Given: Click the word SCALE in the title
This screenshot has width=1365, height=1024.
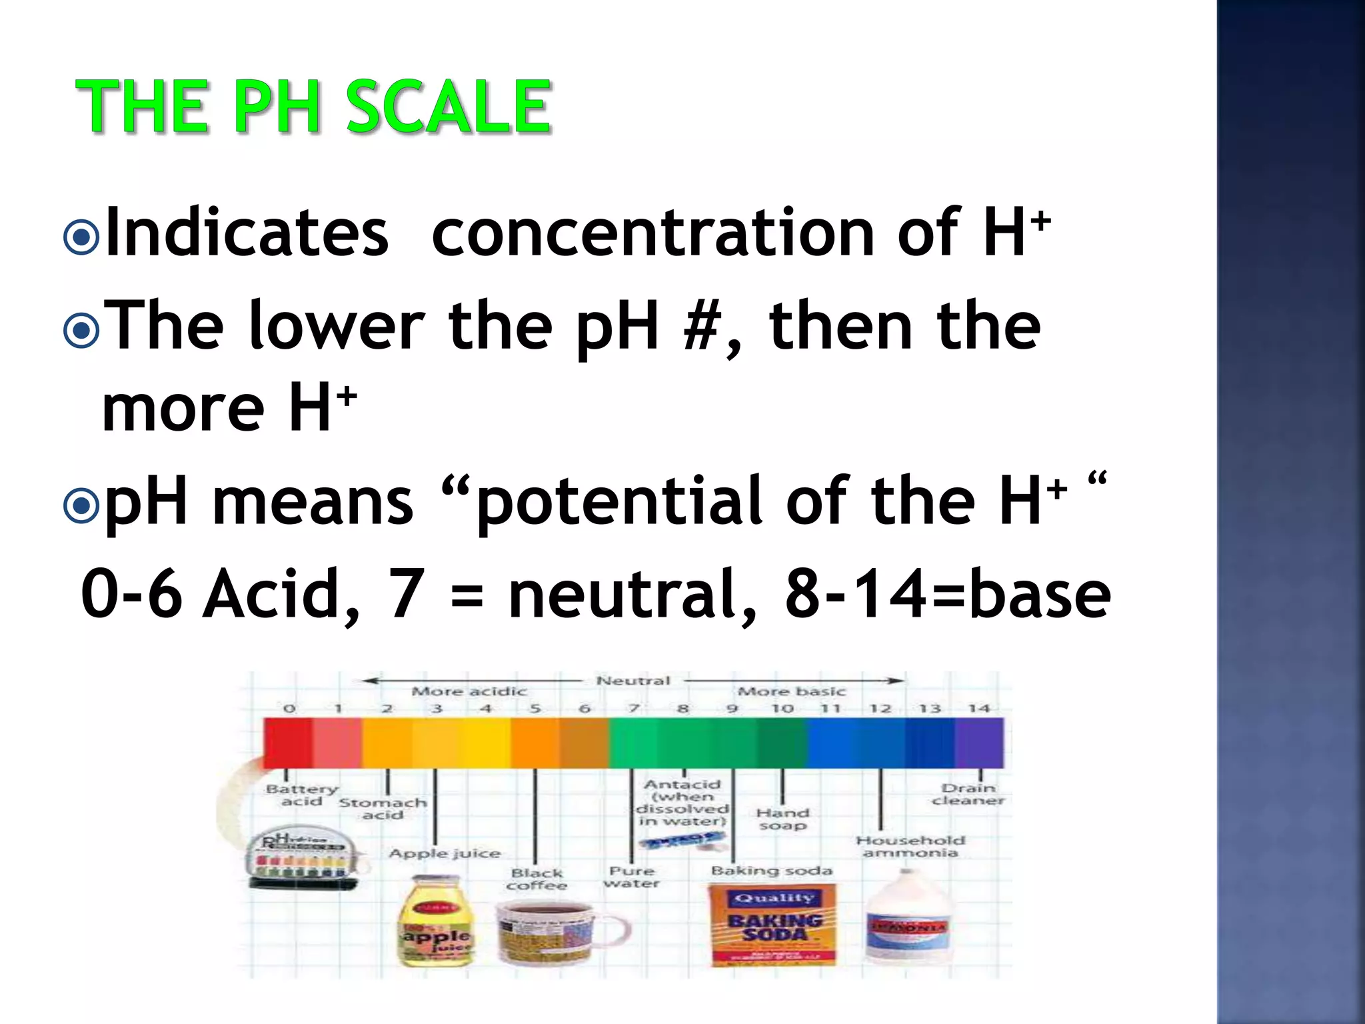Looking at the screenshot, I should click(x=448, y=107).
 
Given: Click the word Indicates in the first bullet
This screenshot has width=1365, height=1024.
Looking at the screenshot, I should click(x=247, y=233).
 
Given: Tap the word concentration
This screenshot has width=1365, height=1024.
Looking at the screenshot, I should click(x=653, y=233).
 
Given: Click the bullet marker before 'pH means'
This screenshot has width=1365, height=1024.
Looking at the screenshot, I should click(x=81, y=506).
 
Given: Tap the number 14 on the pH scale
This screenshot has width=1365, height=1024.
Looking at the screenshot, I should click(x=978, y=708).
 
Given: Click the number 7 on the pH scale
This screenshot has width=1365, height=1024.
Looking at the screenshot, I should click(x=633, y=708).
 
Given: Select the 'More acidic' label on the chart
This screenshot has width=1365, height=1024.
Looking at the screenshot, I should click(x=469, y=691).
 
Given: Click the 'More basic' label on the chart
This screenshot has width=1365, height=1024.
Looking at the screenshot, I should click(x=791, y=691).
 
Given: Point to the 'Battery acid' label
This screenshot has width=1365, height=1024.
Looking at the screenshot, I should click(x=301, y=795).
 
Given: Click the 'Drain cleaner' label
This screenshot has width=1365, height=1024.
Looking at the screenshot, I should click(x=968, y=794).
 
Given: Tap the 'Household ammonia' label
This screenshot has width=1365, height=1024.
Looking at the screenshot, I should click(x=910, y=846).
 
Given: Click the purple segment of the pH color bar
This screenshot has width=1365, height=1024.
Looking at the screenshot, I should click(x=978, y=743).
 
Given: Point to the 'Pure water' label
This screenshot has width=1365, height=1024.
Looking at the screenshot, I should click(x=631, y=877).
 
